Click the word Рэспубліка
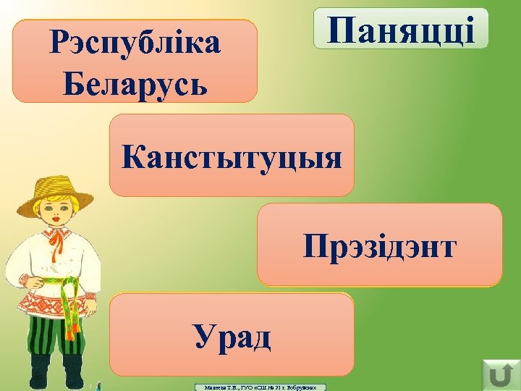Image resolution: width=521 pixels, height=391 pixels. (135, 45)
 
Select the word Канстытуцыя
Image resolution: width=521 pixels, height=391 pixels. (232, 157)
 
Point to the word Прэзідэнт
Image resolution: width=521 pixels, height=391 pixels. (379, 248)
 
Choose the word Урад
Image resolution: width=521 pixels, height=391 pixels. (232, 337)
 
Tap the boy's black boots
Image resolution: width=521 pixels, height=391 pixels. (54, 377)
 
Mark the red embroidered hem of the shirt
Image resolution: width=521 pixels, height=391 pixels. (54, 305)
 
